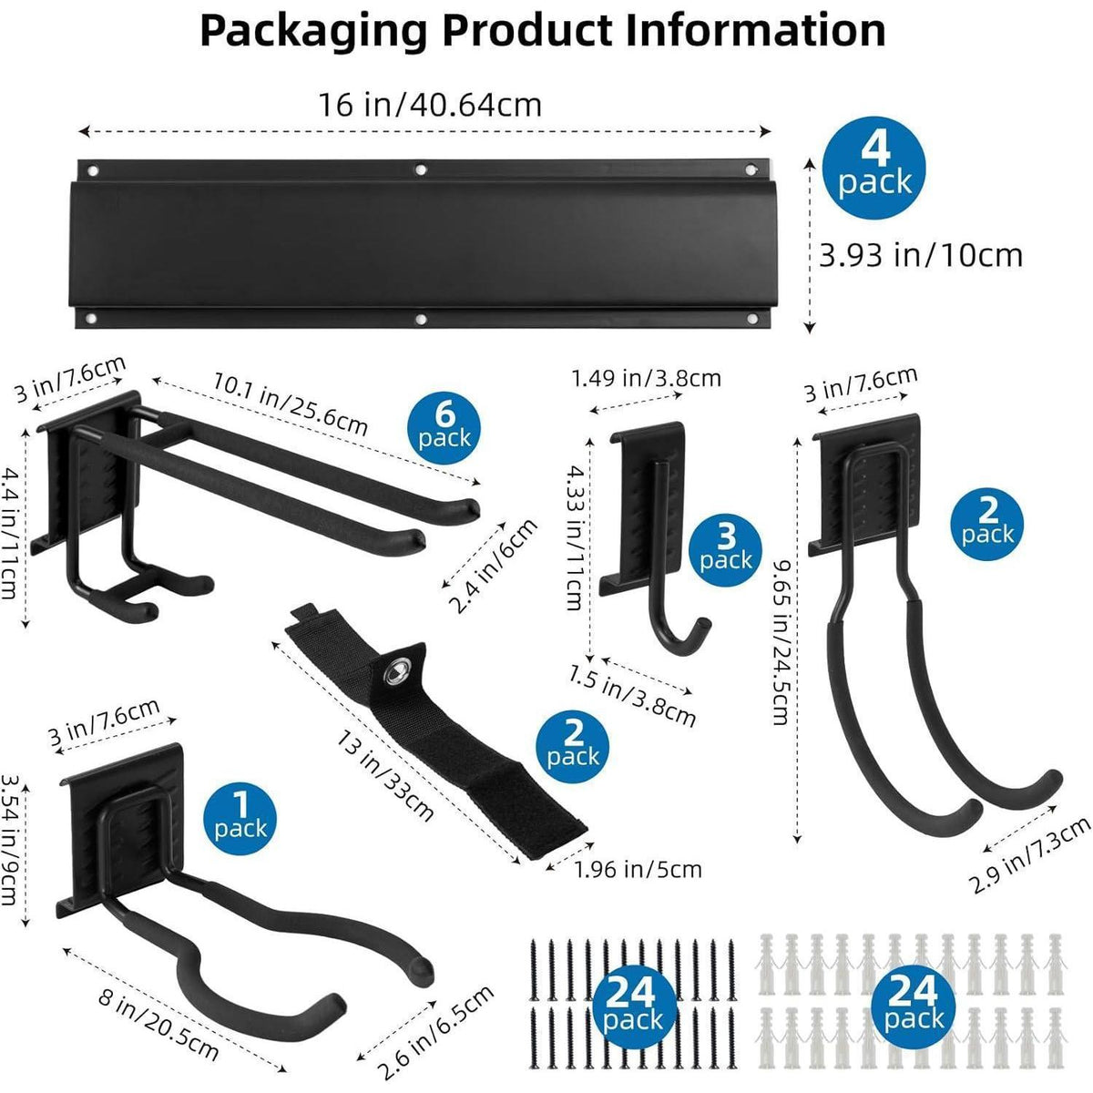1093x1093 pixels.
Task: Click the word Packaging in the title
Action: [313, 32]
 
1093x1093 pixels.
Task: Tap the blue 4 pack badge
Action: [874, 168]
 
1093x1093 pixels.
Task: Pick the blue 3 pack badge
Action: [725, 549]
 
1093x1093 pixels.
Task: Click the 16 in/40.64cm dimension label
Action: [430, 105]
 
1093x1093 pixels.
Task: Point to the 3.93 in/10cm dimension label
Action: [921, 256]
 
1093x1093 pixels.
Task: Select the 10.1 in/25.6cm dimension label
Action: [291, 403]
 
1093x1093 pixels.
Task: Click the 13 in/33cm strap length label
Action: [385, 775]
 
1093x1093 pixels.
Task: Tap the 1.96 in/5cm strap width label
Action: [638, 870]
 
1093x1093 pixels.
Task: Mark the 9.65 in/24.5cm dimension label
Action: [781, 642]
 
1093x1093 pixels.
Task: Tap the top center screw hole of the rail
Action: [421, 169]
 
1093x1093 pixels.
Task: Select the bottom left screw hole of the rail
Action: [90, 320]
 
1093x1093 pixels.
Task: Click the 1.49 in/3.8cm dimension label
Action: [646, 378]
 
